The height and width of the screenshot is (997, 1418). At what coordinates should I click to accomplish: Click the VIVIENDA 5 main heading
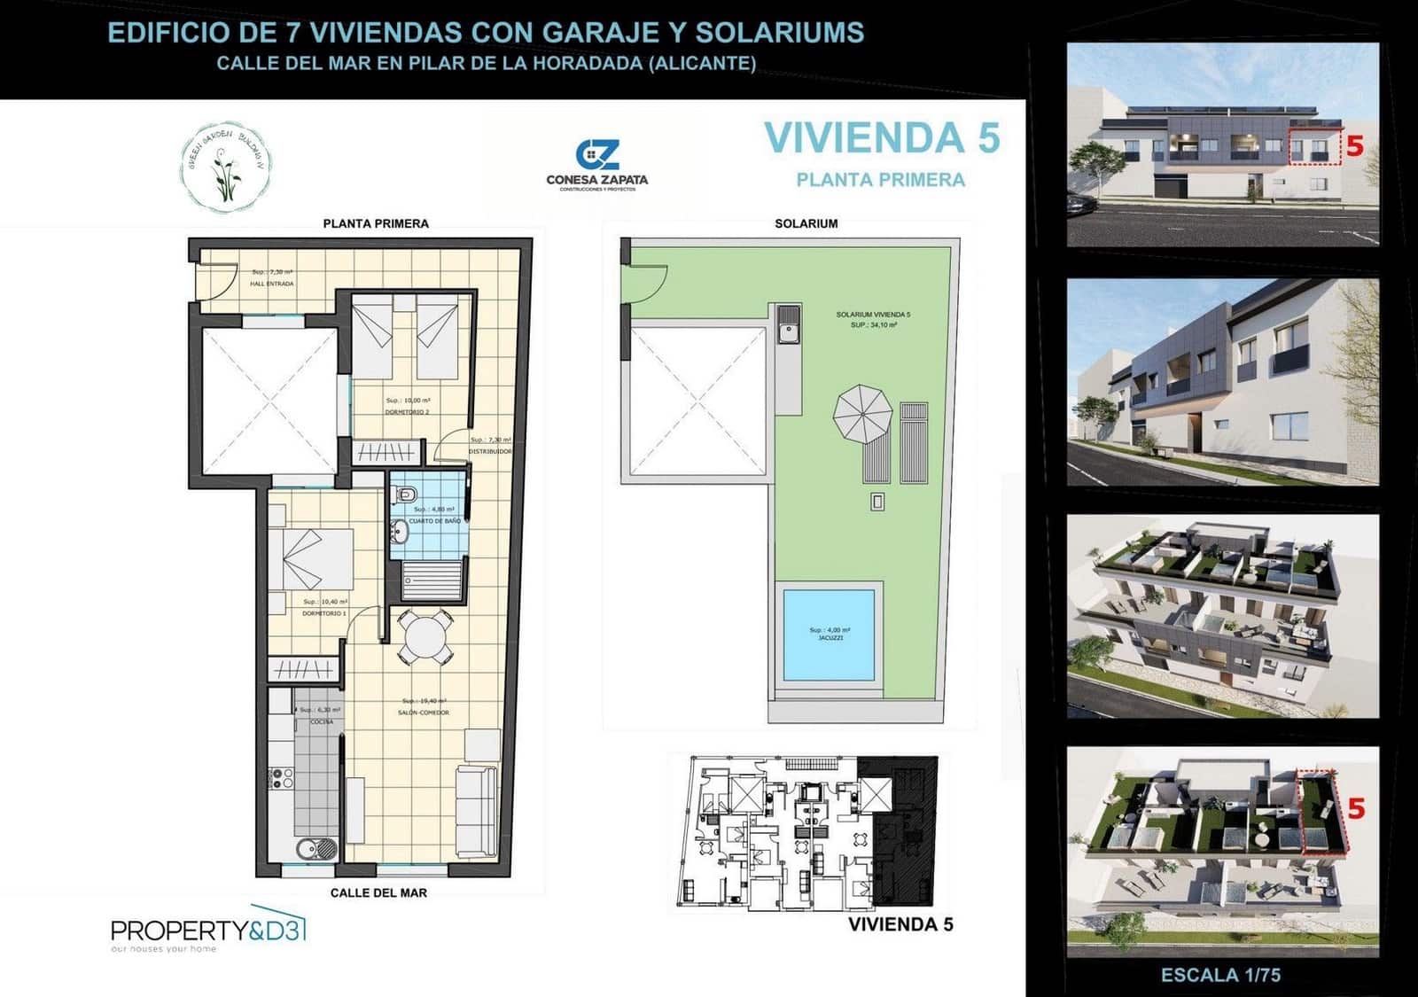(x=882, y=138)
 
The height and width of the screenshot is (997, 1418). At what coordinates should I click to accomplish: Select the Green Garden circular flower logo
(x=227, y=167)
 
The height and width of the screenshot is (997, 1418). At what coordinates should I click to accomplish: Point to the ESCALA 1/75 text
(x=1220, y=975)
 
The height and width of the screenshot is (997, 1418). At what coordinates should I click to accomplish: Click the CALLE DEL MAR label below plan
(x=378, y=892)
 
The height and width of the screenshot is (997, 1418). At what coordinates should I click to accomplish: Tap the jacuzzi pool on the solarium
(x=829, y=635)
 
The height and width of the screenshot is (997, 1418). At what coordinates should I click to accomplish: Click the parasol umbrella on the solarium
(x=862, y=413)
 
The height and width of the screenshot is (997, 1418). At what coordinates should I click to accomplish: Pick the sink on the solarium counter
(x=788, y=330)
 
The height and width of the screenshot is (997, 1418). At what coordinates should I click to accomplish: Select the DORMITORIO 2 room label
(x=407, y=412)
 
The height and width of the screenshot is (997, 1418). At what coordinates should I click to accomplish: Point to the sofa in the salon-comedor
(x=476, y=811)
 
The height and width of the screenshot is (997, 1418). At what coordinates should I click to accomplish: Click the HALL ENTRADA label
(x=272, y=284)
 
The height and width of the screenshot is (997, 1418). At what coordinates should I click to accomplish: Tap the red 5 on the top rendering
(x=1354, y=145)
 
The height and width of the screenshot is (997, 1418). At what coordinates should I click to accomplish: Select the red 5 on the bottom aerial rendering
(x=1356, y=808)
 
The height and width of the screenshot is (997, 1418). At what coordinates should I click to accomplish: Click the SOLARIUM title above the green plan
(x=806, y=223)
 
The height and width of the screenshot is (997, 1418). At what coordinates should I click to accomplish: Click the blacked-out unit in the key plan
(x=904, y=833)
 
